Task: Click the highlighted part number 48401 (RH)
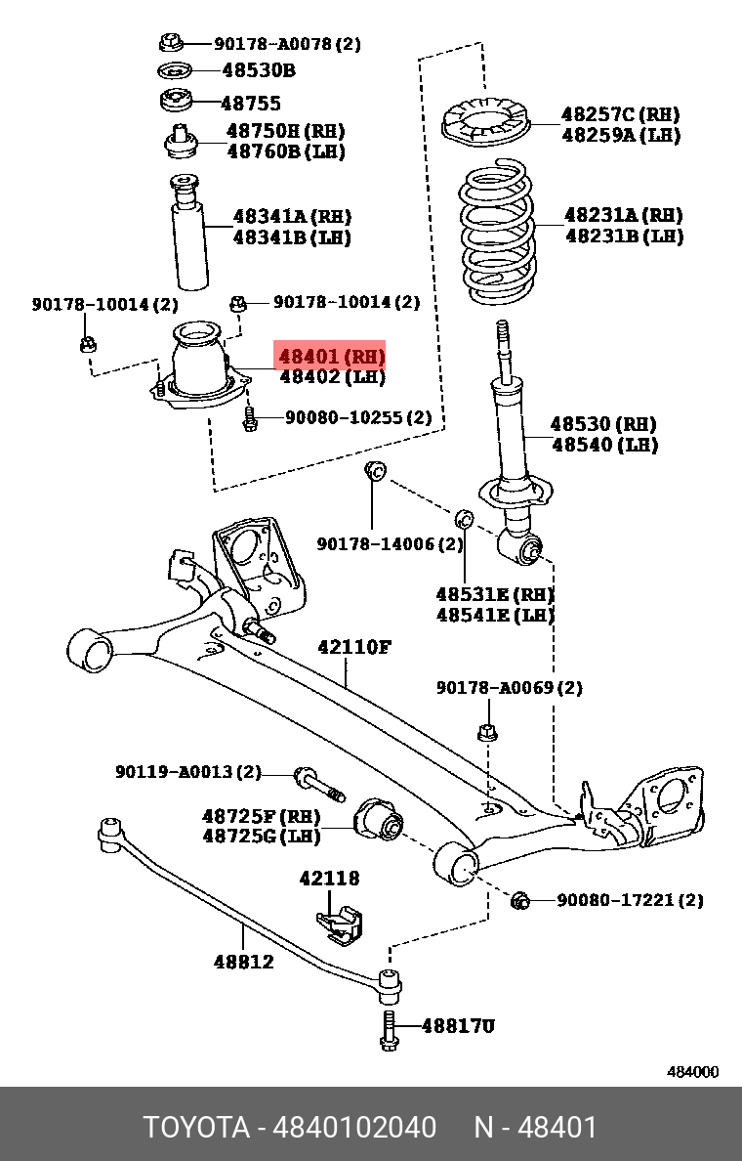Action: coord(331,356)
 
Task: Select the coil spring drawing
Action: coord(499,232)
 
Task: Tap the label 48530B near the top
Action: coord(258,70)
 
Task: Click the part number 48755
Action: coord(251,103)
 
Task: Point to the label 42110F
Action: coord(353,647)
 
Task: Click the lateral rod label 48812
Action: coord(243,962)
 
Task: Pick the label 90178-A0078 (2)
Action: coord(287,43)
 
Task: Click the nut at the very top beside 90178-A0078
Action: coord(170,42)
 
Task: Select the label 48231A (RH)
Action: coord(623,215)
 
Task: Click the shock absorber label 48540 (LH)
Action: coord(603,445)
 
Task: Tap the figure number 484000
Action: coord(692,1071)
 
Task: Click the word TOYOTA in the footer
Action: coord(196,1128)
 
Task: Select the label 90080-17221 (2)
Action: coord(629,899)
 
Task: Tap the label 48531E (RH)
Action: coord(494,594)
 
